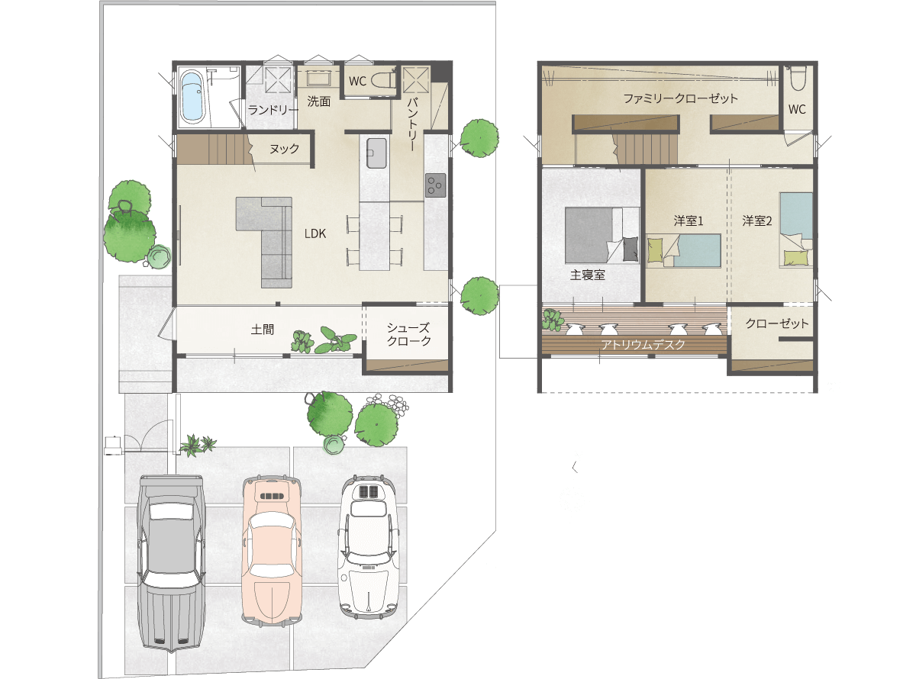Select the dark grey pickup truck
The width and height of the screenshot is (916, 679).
[172, 565]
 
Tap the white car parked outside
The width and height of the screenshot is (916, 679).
[369, 547]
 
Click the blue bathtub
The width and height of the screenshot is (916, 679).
[192, 97]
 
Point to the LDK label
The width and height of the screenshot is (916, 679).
[315, 233]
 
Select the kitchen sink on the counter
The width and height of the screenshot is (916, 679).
[376, 153]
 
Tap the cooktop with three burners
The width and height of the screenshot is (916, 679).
[436, 185]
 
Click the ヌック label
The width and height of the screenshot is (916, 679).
[284, 149]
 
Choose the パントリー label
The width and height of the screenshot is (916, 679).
[412, 124]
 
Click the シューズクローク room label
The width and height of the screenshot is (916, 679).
[409, 334]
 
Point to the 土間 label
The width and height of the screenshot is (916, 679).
[263, 330]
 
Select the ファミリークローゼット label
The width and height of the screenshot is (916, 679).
[680, 98]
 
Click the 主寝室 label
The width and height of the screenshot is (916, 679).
[587, 275]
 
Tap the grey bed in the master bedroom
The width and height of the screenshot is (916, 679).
[602, 235]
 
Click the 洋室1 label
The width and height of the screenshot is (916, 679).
[689, 221]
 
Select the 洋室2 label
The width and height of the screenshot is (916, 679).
[757, 221]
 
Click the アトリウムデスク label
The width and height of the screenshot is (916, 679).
[643, 345]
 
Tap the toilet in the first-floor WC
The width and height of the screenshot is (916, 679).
[382, 81]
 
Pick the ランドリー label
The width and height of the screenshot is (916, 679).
[273, 110]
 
